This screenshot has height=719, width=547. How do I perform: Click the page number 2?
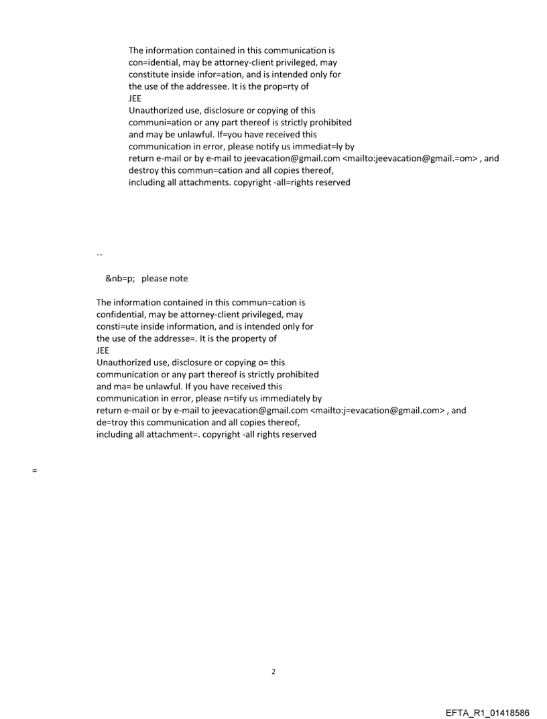click(x=273, y=671)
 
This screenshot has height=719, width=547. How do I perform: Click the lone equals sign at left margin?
click(x=34, y=471)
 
